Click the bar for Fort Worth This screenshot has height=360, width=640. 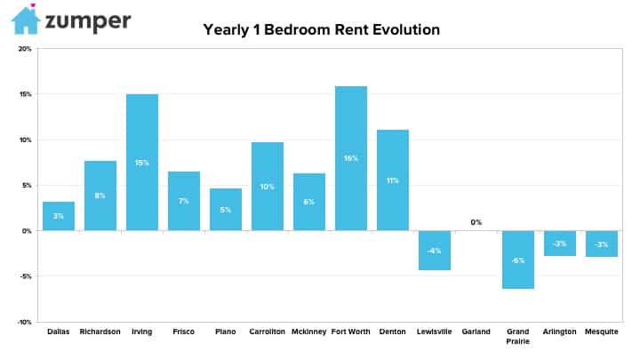[x=351, y=158]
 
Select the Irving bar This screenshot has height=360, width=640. [x=142, y=163]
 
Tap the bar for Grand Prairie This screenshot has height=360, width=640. [x=518, y=260]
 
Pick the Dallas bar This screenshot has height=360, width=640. [x=59, y=216]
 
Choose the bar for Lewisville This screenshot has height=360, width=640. [x=435, y=250]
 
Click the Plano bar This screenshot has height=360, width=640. [x=226, y=210]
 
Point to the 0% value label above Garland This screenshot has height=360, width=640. [x=476, y=222]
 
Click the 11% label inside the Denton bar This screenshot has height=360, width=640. [x=393, y=180]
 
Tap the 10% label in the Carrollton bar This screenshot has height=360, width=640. [x=268, y=187]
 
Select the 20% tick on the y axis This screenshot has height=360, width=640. [x=25, y=49]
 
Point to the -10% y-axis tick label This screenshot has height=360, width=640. [x=24, y=322]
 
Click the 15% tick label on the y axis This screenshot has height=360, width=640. [x=25, y=94]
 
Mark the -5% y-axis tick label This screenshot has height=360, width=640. [x=25, y=276]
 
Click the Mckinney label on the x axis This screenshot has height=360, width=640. [x=309, y=332]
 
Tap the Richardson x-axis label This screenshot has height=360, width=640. [x=100, y=332]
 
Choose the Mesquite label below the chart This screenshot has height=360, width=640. [x=602, y=332]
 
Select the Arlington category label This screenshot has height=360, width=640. [x=560, y=332]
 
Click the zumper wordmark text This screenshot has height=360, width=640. [x=88, y=21]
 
